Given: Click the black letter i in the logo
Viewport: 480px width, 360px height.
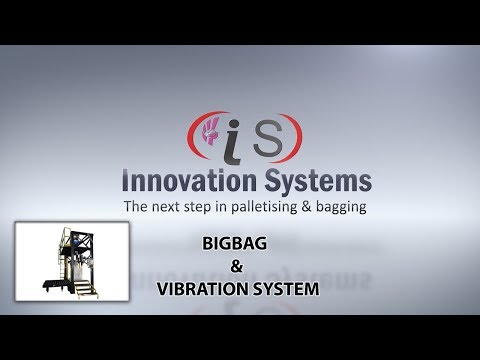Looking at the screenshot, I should pos(225,139).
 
